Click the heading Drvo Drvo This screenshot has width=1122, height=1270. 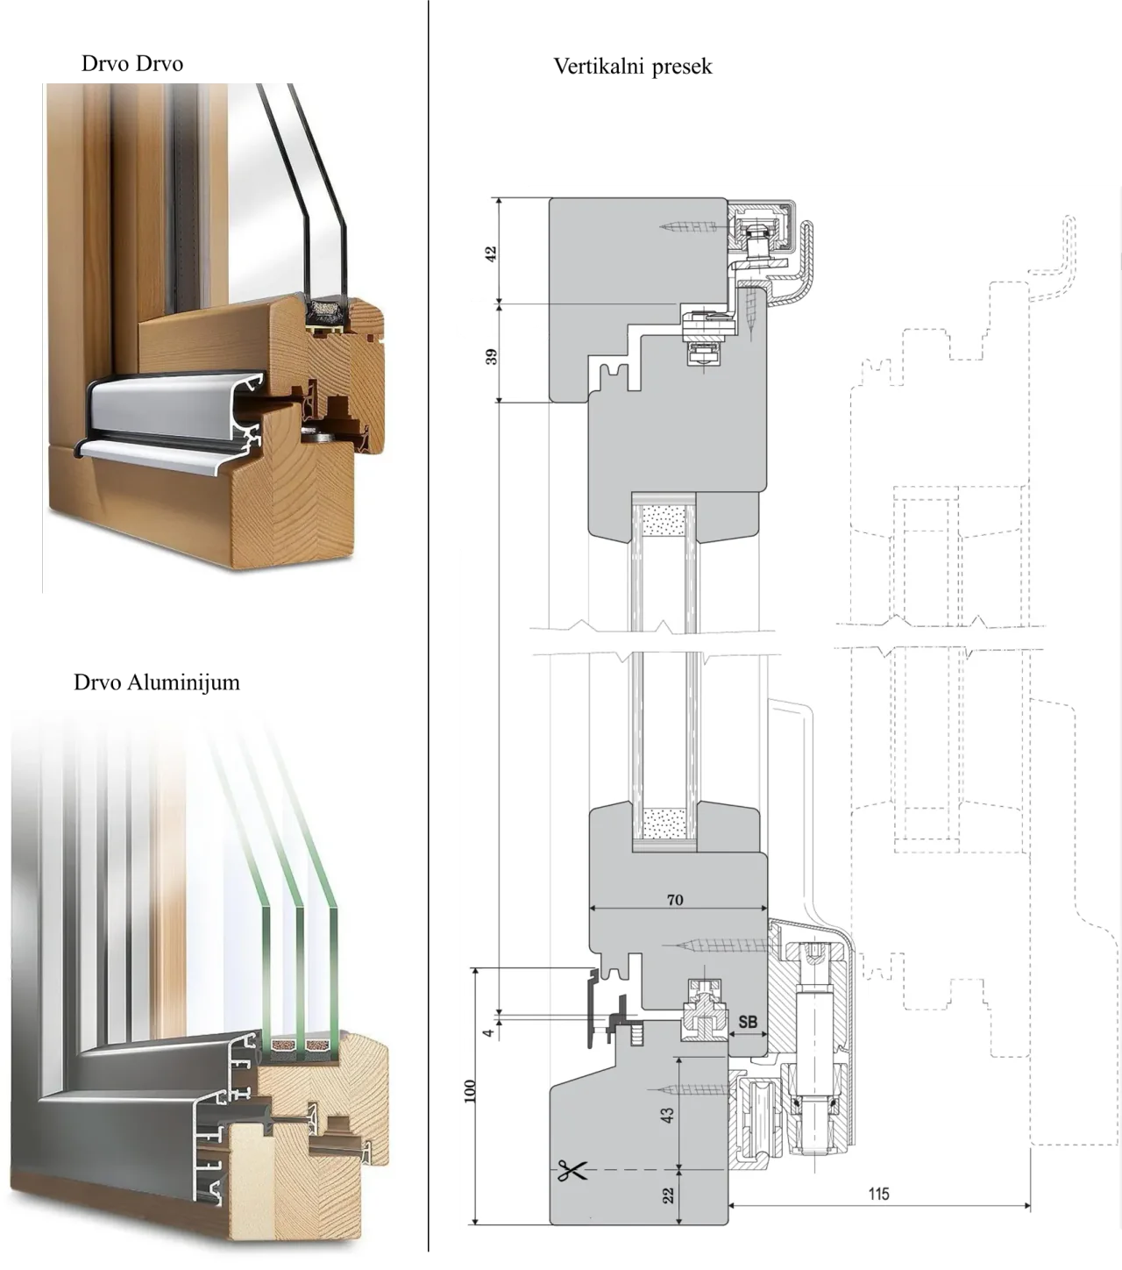coord(132,64)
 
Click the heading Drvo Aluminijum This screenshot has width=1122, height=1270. coord(157,682)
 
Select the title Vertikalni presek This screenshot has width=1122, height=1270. coord(633,67)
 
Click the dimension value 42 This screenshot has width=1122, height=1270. coord(491,253)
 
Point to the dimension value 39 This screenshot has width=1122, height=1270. coord(491,356)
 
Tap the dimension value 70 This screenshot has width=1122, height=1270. coord(675,900)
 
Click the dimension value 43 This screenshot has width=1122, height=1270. coord(668,1115)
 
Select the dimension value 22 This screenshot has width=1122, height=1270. coord(668,1195)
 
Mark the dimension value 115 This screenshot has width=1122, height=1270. coord(878,1194)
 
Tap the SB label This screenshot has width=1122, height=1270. coord(748,1022)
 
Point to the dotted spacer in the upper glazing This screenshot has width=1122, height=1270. coord(664,521)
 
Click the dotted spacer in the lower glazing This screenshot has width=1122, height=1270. coord(664,823)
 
